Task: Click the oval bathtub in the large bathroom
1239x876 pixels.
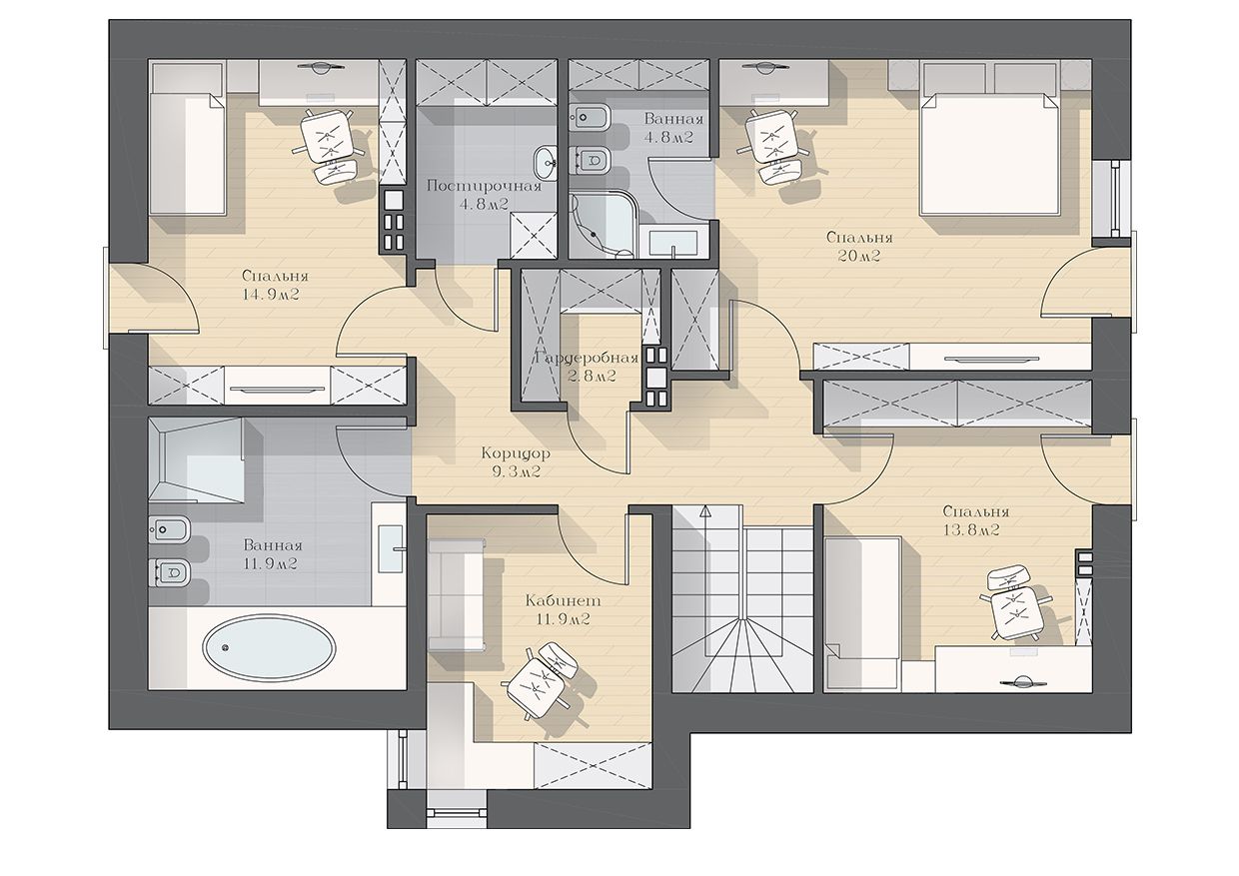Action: [x=269, y=647]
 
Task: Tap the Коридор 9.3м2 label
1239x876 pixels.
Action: [x=516, y=462]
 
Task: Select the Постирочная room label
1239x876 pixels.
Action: [x=484, y=186]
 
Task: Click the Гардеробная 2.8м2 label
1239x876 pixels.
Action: [x=588, y=368]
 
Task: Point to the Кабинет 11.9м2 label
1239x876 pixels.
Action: [x=563, y=609]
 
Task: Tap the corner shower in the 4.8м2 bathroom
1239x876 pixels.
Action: [x=604, y=224]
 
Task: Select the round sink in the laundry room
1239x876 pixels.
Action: [x=547, y=163]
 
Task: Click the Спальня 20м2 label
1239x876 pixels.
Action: [x=859, y=247]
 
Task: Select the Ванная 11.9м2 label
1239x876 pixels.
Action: [x=273, y=554]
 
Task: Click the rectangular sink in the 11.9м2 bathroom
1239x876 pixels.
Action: [x=392, y=548]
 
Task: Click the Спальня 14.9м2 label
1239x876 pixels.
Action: [x=275, y=285]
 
